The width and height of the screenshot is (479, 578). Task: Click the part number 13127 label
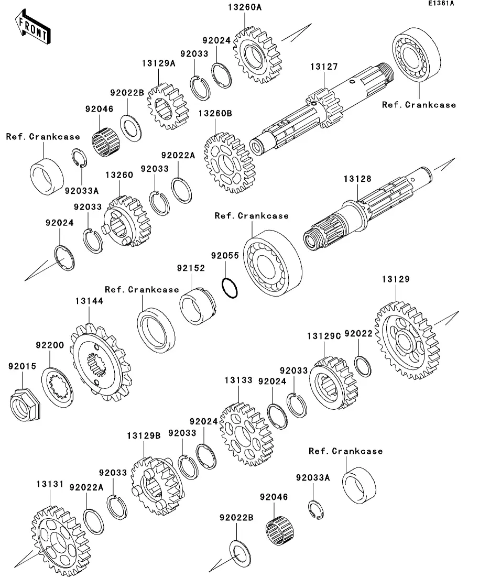pos(323,67)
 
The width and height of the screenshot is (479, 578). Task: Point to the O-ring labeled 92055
pos(230,287)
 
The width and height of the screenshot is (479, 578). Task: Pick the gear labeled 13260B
pos(228,163)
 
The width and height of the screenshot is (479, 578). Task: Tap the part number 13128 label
pos(357,179)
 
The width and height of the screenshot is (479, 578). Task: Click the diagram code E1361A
pos(441,4)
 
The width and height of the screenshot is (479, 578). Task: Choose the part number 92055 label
pos(225,256)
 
